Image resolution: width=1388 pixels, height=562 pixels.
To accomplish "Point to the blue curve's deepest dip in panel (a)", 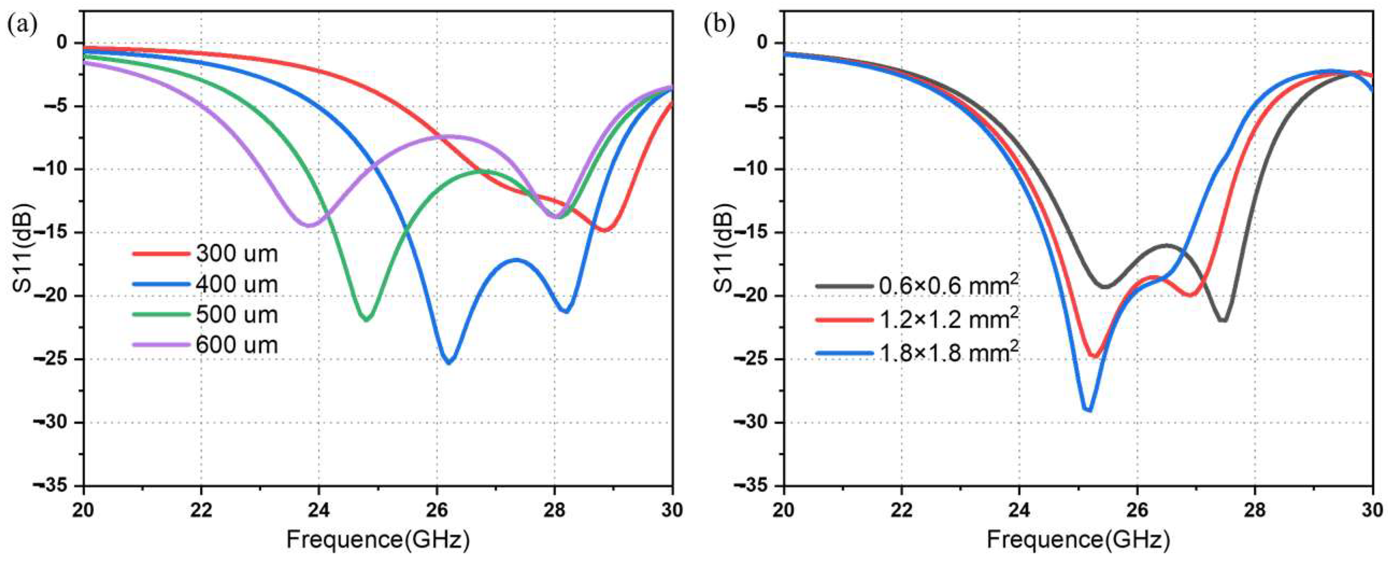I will [x=448, y=362].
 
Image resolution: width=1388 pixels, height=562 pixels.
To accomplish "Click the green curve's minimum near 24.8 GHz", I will [x=367, y=319].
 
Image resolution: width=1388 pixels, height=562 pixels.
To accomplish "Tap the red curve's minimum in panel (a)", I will [x=605, y=230].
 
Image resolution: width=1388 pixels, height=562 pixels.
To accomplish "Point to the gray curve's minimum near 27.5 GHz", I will [x=1223, y=320].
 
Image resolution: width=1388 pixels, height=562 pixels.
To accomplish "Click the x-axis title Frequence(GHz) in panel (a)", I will [x=378, y=539].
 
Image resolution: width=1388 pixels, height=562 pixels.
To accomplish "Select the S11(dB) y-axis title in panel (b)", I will [x=724, y=248].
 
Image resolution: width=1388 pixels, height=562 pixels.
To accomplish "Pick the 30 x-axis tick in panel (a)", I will [x=671, y=510].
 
